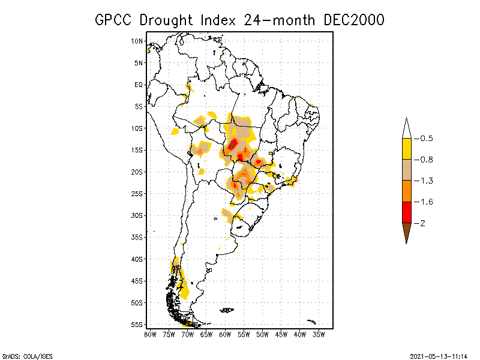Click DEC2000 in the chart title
click(353, 20)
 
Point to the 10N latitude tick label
click(137, 41)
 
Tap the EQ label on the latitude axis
click(139, 85)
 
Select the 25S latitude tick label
click(137, 193)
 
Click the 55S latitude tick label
click(137, 324)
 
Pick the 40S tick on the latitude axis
click(137, 259)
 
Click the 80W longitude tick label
click(150, 334)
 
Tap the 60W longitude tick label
click(225, 334)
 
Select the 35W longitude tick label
click(319, 334)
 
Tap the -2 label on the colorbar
click(423, 223)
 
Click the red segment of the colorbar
click(406, 212)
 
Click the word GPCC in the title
click(116, 20)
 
